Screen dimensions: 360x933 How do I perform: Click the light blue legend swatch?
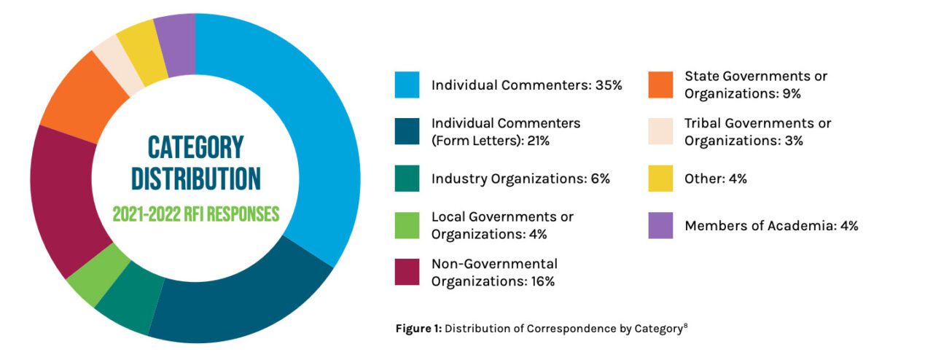coord(407,85)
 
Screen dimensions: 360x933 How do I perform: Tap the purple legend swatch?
coord(660,226)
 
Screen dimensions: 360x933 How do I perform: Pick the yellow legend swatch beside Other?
coord(660,179)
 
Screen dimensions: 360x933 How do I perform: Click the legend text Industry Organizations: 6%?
coord(520,179)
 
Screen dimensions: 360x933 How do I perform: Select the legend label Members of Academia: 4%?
coord(771,226)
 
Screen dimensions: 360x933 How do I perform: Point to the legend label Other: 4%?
coord(716,179)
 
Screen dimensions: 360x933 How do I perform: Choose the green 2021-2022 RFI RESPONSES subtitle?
coord(195,214)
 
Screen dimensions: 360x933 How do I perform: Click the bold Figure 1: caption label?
coord(418,328)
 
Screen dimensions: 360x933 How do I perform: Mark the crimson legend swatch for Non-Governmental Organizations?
coord(407,272)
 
